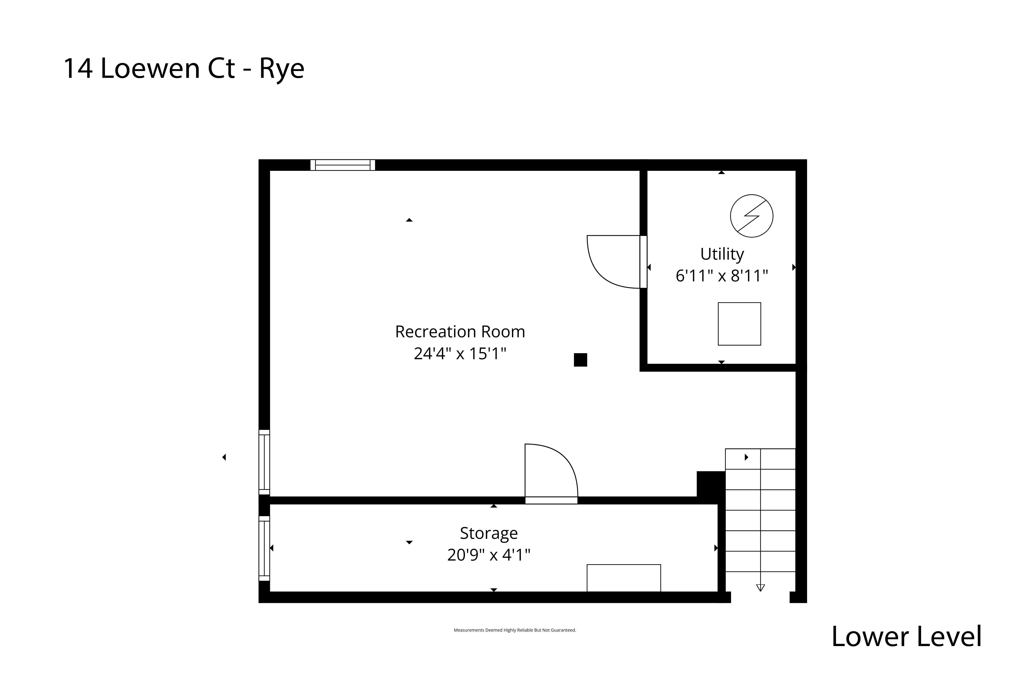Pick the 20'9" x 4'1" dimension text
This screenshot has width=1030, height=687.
click(x=489, y=555)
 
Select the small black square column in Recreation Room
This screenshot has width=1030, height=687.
click(x=580, y=360)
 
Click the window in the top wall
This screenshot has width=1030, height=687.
click(x=343, y=165)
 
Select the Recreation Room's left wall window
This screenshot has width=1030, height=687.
click(x=264, y=462)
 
